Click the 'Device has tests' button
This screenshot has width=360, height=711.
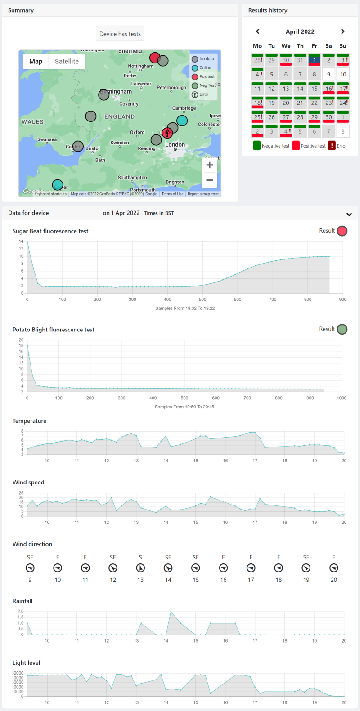coord(120,34)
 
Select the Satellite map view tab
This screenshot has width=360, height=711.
coord(67,61)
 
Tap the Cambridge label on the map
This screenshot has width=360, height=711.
coord(184,108)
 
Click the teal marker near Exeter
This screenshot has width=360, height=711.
coord(58,184)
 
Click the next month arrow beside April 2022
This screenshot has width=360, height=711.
coord(343,31)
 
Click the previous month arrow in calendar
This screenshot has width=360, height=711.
coord(257,31)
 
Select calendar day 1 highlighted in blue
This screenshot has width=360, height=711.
coord(314,60)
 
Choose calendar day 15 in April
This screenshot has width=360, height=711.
coord(314,88)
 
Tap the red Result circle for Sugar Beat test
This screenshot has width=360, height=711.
coord(342,231)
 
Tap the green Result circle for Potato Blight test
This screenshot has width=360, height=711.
coord(342,329)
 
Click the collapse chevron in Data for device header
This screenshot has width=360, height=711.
coord(349,214)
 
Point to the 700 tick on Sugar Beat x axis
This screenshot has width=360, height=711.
coord(273,299)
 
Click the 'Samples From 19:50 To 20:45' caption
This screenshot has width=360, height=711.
coord(184,407)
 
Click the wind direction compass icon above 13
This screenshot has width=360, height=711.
coord(140,568)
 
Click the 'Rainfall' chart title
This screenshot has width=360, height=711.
coord(22,601)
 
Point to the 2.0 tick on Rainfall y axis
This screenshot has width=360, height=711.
coord(20,612)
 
